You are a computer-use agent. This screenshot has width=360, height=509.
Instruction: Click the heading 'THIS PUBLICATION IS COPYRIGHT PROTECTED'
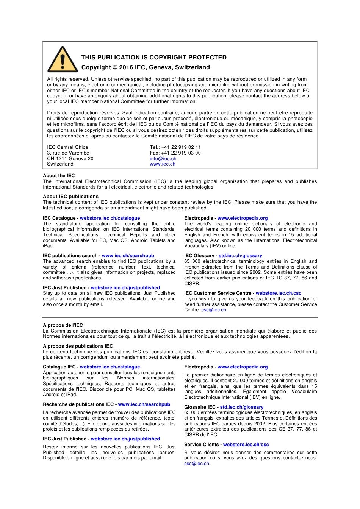154,58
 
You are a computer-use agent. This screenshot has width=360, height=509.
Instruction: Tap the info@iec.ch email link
163,159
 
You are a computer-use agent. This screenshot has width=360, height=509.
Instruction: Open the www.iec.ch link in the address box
163,164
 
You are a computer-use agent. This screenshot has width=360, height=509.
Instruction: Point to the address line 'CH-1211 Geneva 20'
70,159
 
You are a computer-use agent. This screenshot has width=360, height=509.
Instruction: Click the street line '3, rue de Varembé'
68,153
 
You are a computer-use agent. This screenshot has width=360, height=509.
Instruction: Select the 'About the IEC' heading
59,176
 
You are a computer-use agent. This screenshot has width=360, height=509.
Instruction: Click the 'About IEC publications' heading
70,197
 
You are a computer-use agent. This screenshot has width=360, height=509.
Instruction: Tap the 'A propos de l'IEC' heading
63,325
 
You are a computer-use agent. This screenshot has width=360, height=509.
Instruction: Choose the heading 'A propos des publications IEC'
78,346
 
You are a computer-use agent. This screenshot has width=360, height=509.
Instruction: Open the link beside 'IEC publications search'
128,256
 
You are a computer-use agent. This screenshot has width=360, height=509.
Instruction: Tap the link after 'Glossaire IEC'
242,407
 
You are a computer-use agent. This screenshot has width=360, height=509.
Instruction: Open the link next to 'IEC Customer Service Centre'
279,293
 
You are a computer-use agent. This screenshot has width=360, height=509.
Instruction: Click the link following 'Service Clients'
246,445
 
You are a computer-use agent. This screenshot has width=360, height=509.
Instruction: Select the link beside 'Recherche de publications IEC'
144,404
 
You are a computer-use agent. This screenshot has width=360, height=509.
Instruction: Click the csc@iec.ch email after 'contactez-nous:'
197,464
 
